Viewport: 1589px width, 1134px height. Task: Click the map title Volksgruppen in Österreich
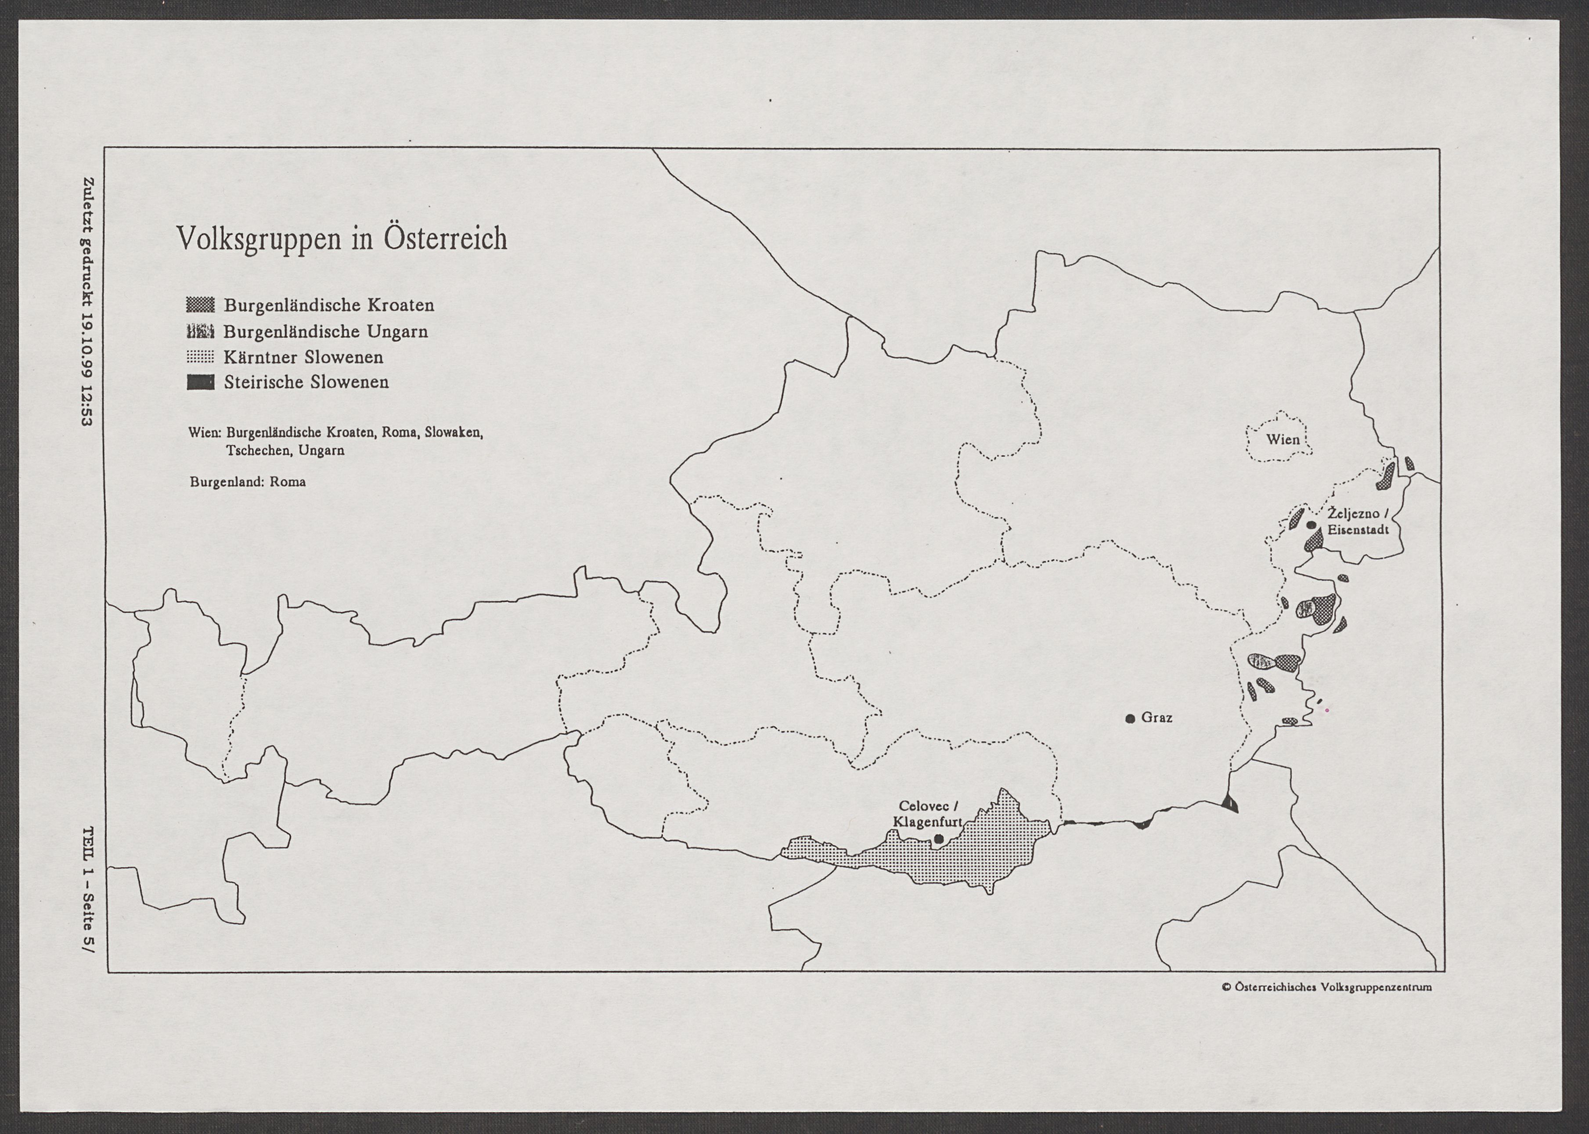tap(342, 239)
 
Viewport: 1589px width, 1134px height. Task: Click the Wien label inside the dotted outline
tap(1283, 439)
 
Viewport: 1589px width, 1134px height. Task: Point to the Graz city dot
tap(1130, 718)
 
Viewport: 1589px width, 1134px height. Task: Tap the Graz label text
tap(1157, 717)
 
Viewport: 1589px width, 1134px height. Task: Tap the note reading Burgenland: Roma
tap(247, 482)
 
